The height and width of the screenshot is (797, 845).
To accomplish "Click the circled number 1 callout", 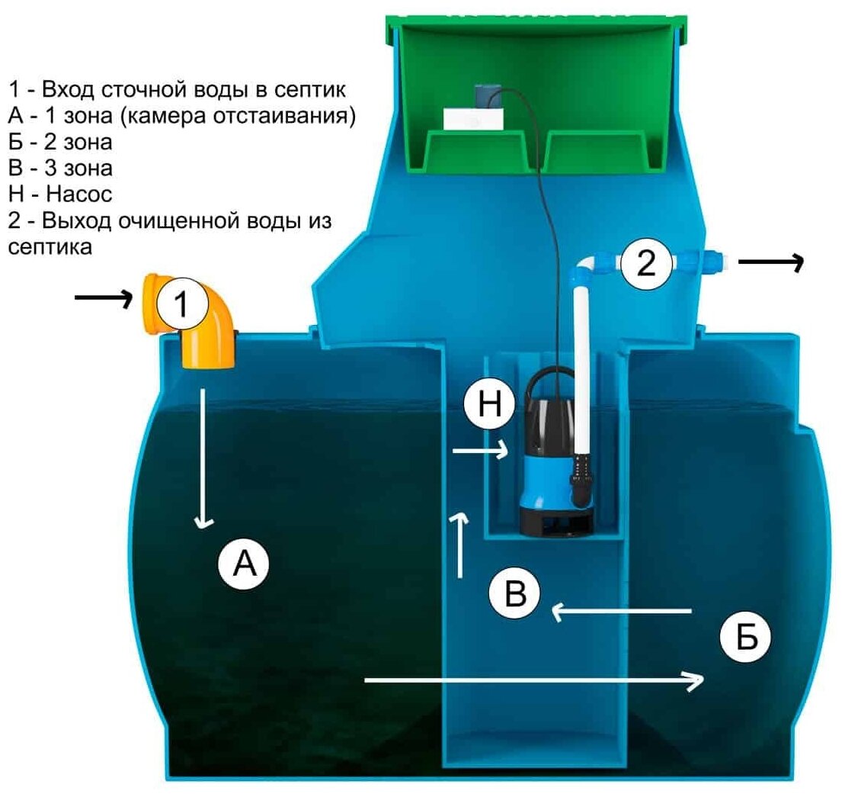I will click(181, 305).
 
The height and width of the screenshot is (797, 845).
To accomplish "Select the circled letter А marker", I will click(244, 564).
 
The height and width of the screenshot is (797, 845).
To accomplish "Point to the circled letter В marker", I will click(515, 593).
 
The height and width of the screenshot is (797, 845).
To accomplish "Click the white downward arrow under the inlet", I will click(203, 458).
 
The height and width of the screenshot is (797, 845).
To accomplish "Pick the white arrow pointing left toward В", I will click(621, 610).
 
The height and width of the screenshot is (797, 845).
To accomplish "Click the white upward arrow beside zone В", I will click(460, 545).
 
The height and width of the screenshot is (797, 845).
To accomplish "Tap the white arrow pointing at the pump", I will click(480, 452).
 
